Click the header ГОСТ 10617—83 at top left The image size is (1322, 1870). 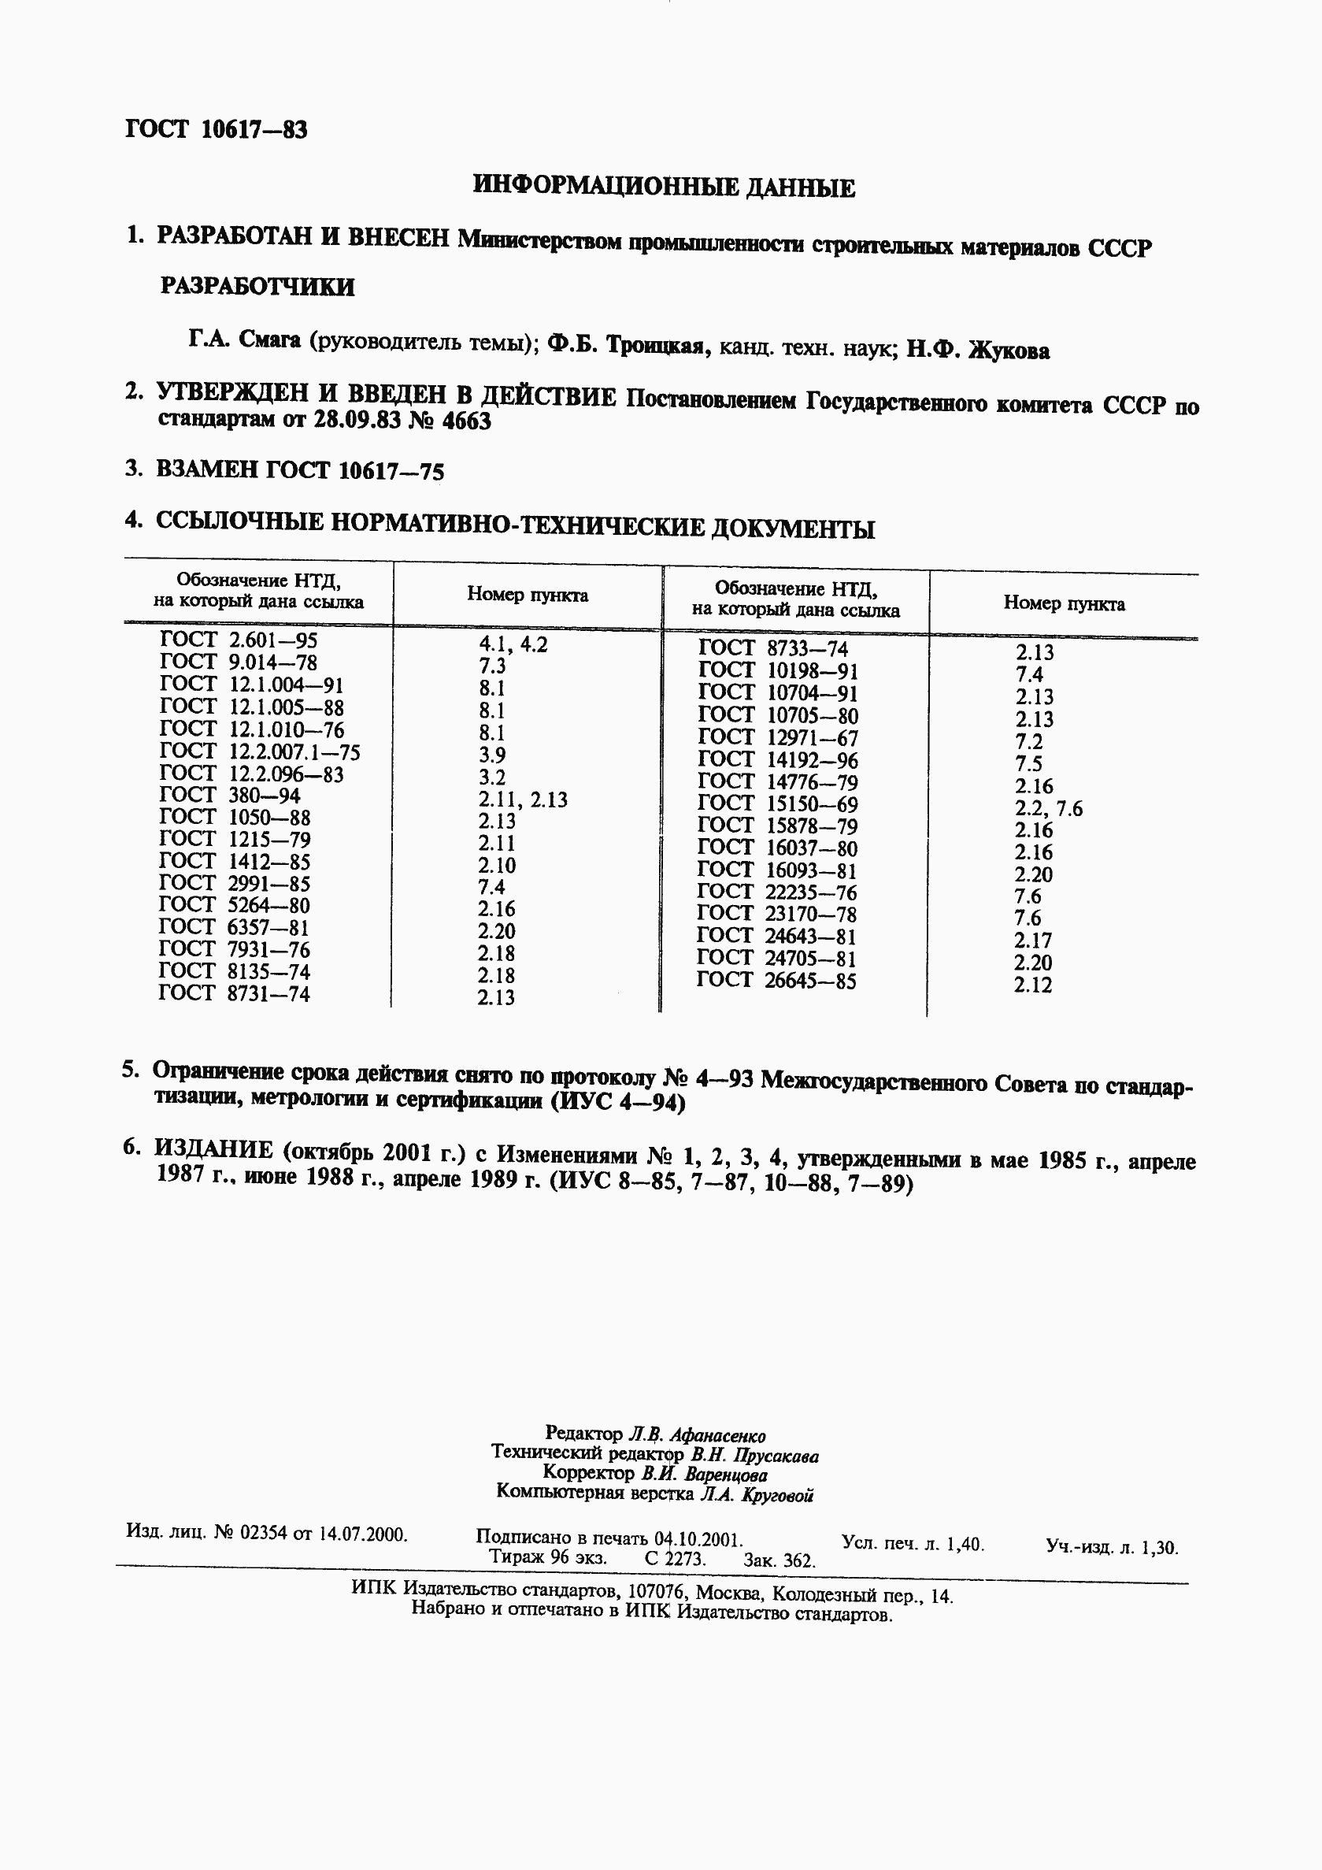pos(217,129)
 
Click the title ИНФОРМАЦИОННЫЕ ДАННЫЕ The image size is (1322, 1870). pos(664,187)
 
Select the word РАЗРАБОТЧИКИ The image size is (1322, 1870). pos(257,287)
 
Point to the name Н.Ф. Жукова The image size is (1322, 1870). pos(978,351)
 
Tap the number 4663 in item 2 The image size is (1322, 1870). pos(466,422)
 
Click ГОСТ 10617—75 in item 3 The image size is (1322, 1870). pos(356,471)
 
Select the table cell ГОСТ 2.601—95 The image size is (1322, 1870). pos(239,640)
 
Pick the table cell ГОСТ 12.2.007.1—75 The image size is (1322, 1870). pos(260,751)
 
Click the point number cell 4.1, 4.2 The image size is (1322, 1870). pos(513,645)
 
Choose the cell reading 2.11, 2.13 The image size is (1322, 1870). pos(523,800)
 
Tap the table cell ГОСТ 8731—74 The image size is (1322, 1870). pos(235,993)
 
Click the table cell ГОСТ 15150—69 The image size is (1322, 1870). pos(777,804)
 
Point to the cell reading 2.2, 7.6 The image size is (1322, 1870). pos(1049,809)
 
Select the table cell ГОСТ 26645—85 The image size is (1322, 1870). pos(776,981)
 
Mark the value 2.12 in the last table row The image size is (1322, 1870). pos(1033,985)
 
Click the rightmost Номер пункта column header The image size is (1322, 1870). pos(1064,604)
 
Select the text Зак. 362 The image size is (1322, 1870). pos(778,1560)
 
